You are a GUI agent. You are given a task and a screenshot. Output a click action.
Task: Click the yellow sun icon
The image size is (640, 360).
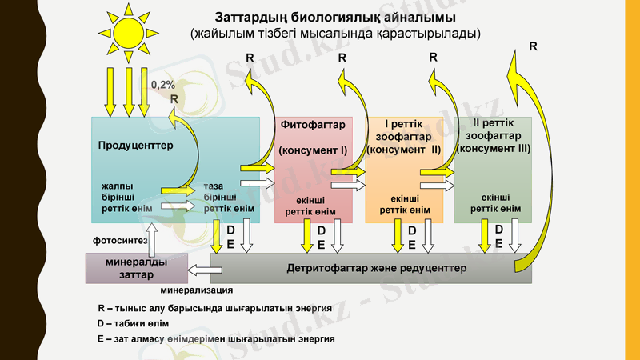coord(126,32)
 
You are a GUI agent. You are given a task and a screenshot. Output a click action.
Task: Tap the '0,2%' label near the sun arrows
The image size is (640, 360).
coord(163,84)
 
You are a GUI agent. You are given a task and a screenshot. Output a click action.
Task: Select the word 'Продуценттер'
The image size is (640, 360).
coord(135,146)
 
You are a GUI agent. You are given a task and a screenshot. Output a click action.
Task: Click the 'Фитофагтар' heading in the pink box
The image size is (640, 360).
coord(313,125)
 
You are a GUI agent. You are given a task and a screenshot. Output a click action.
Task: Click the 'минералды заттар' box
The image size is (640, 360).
coord(136,268)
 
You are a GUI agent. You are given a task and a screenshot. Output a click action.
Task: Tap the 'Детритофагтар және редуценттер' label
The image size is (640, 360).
coord(376,268)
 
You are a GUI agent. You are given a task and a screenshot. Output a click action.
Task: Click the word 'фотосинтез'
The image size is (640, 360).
coord(120,239)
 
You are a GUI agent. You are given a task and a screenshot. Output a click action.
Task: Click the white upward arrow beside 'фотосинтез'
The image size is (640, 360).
coord(154,238)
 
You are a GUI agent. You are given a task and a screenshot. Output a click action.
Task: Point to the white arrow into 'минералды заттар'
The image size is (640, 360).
coord(199,270)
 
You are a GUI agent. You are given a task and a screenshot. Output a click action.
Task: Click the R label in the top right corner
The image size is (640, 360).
coord(533,47)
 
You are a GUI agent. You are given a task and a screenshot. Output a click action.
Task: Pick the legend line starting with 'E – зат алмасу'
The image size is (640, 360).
coord(215,339)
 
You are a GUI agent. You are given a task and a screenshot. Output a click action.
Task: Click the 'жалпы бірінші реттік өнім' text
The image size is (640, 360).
coord(122,197)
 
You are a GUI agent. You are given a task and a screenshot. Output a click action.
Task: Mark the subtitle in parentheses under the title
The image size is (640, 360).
coord(335,34)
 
